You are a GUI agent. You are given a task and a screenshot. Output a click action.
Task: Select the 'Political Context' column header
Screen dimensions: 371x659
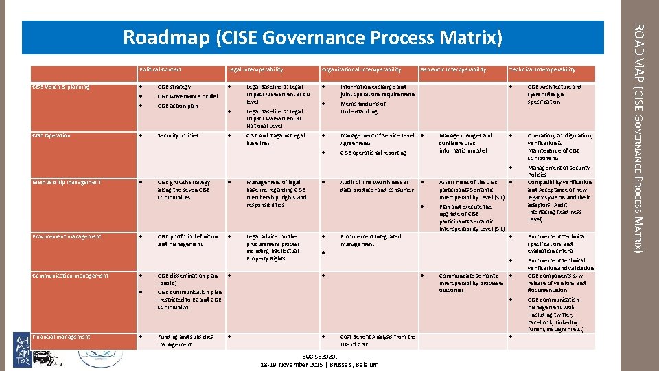click(161, 69)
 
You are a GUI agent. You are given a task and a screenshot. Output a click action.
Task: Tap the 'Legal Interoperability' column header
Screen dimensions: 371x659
click(255, 69)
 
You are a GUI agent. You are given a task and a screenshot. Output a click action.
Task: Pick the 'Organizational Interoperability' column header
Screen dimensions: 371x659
click(362, 69)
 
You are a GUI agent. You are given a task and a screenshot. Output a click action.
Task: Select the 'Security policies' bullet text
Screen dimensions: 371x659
click(177, 135)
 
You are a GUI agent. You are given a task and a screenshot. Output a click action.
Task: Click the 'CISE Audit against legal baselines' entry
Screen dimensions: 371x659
click(275, 139)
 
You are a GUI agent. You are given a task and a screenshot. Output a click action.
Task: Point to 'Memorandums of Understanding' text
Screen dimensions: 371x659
click(363, 107)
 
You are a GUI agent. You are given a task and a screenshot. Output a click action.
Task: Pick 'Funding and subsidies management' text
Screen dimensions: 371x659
click(185, 340)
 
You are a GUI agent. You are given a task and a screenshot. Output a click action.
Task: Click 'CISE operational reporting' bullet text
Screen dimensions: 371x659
click(373, 153)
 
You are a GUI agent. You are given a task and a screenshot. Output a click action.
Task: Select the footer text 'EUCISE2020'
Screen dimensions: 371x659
click(319, 356)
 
